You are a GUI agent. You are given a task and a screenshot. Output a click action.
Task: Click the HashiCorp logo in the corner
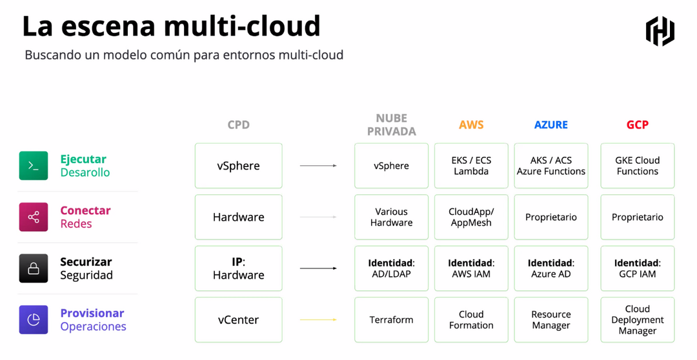(x=660, y=31)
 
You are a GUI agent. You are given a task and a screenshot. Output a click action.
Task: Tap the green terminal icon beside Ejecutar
(x=34, y=166)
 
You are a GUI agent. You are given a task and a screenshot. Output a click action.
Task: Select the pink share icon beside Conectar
(x=34, y=217)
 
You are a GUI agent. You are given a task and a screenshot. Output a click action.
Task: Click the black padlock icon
(x=34, y=268)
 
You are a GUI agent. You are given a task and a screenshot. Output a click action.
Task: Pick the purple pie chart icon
(x=34, y=319)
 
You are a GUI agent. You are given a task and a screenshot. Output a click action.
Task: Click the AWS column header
(x=471, y=125)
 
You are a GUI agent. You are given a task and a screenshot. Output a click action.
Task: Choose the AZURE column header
(x=551, y=125)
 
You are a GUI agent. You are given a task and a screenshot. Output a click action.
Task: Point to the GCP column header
(x=638, y=125)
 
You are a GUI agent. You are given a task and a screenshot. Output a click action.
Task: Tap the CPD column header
(x=239, y=125)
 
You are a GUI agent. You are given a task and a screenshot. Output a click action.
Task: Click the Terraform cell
(x=391, y=319)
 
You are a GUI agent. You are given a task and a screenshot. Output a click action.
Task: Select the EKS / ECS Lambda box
(x=471, y=166)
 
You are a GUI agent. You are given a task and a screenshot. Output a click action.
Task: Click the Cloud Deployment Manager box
(x=638, y=319)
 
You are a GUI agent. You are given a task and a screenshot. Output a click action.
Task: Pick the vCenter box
(x=239, y=319)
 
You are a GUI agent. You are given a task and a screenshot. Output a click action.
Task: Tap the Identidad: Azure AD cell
(x=551, y=268)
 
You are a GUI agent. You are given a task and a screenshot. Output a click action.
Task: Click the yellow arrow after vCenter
(x=318, y=319)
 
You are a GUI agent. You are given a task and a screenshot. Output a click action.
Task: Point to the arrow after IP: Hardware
(x=318, y=268)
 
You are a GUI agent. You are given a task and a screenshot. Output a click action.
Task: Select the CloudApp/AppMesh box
(x=471, y=217)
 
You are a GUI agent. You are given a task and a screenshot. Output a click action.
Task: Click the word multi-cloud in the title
(x=242, y=26)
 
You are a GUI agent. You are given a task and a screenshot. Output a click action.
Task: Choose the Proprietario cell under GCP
(x=638, y=217)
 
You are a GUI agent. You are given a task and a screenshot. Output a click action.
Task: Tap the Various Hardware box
(x=391, y=217)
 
